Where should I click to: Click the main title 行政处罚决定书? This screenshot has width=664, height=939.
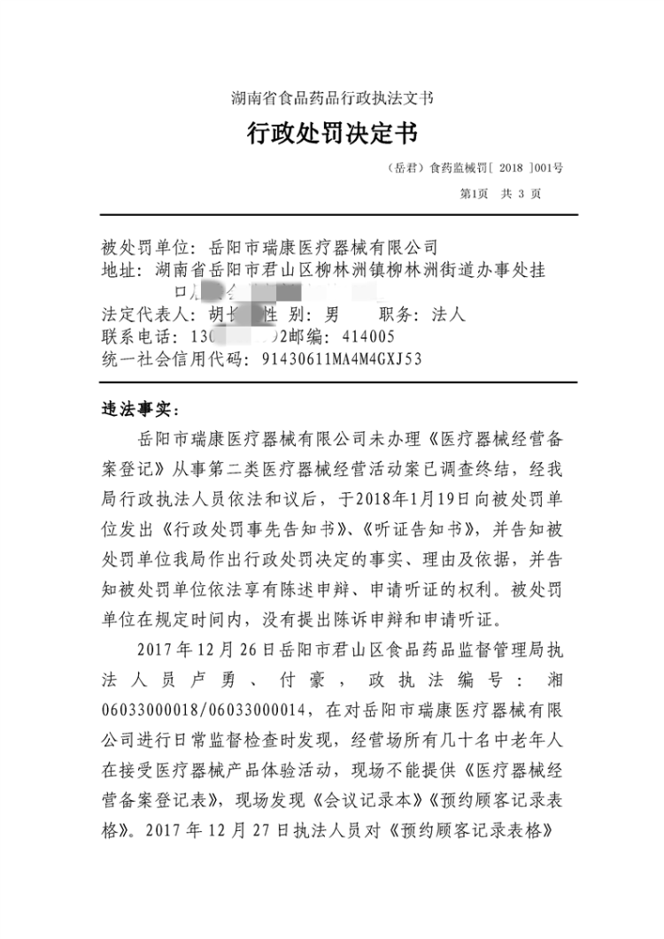pyautogui.click(x=332, y=134)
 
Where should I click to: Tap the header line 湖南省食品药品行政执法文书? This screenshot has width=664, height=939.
pyautogui.click(x=332, y=97)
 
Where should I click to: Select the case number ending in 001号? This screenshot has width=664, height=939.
pyautogui.click(x=475, y=165)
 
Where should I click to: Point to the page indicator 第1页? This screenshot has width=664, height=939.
pyautogui.click(x=475, y=193)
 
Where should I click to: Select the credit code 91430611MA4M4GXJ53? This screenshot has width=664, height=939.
pyautogui.click(x=341, y=359)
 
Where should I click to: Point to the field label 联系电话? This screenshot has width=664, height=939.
pyautogui.click(x=133, y=337)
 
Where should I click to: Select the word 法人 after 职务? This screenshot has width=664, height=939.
pyautogui.click(x=447, y=314)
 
